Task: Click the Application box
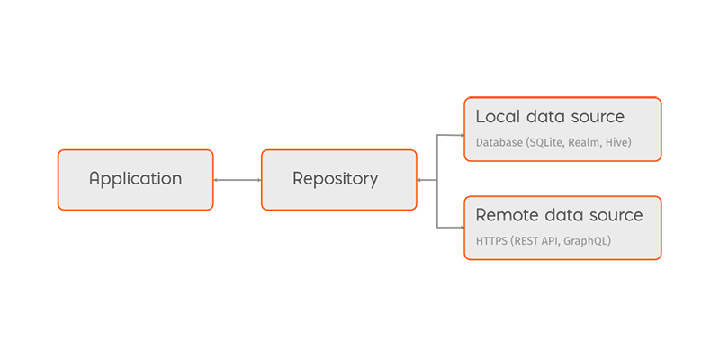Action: [x=135, y=179]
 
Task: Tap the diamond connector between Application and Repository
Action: [x=238, y=180]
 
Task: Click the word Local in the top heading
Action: [x=495, y=117]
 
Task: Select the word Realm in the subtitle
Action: [x=595, y=142]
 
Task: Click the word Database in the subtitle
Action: [x=500, y=142]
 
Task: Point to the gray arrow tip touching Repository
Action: [x=421, y=180]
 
